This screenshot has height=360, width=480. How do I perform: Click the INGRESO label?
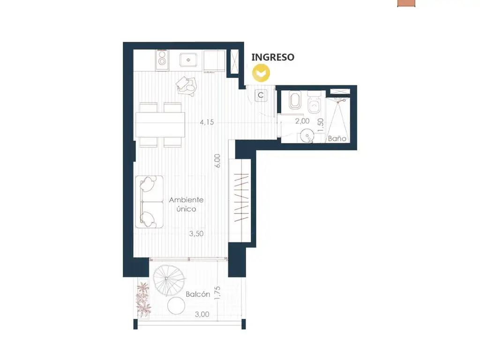(273, 57)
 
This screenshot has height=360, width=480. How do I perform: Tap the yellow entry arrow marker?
(261, 73)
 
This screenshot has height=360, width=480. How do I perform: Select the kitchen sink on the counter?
(188, 60)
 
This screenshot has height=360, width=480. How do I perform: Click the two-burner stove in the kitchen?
(162, 60)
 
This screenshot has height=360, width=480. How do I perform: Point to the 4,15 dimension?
(207, 122)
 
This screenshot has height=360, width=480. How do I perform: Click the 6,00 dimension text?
(217, 161)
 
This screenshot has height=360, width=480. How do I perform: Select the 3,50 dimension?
(196, 233)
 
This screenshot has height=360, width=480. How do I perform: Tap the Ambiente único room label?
(187, 204)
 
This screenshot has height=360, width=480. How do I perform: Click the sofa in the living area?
(150, 202)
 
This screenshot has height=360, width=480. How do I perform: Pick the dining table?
(160, 125)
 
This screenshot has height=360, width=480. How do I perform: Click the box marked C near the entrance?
(261, 95)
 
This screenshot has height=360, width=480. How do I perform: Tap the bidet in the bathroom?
(295, 100)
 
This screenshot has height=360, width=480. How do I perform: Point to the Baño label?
(337, 139)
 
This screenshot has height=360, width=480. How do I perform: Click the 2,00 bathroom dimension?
(302, 121)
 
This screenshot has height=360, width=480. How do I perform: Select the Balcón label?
(198, 294)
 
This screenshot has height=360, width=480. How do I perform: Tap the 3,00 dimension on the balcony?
(202, 315)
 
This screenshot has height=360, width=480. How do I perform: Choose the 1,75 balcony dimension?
(217, 293)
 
